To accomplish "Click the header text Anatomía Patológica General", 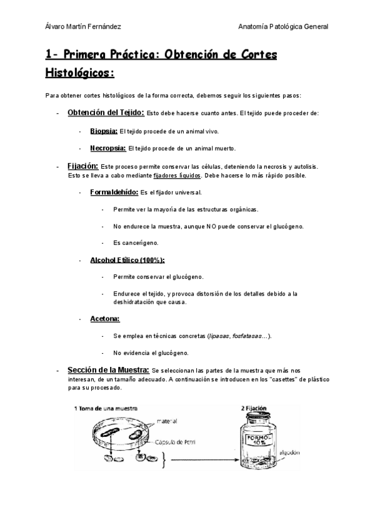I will point(284,27).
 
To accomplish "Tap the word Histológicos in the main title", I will point(79,73).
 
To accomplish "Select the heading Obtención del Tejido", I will point(106,112).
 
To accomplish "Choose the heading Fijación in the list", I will point(82,166).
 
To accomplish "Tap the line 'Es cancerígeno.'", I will point(136,242).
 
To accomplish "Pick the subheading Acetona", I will point(105,319).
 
